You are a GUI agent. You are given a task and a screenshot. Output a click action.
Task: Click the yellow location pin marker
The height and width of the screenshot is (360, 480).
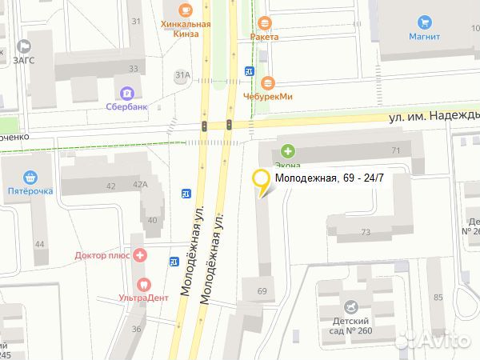(x=261, y=182)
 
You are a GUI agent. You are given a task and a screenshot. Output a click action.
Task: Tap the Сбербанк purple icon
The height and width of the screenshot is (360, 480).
(x=126, y=93)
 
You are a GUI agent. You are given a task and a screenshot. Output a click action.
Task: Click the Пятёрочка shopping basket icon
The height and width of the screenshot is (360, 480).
(x=30, y=177)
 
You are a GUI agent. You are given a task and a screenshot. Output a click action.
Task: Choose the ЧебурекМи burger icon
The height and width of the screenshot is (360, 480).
(x=268, y=82)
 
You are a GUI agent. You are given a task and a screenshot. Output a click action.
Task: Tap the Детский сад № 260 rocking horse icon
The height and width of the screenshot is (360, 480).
(x=350, y=307)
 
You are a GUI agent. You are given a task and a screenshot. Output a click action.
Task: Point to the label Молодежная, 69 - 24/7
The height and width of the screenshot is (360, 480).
(x=330, y=178)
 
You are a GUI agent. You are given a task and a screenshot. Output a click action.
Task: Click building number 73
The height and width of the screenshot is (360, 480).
(x=366, y=232)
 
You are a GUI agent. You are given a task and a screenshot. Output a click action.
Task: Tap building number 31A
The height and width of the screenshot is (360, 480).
(x=183, y=74)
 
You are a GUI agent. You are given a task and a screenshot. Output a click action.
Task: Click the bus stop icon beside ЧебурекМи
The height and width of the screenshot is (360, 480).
(x=249, y=71)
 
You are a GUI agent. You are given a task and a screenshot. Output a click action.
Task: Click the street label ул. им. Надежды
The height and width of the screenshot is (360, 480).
(x=433, y=116)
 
